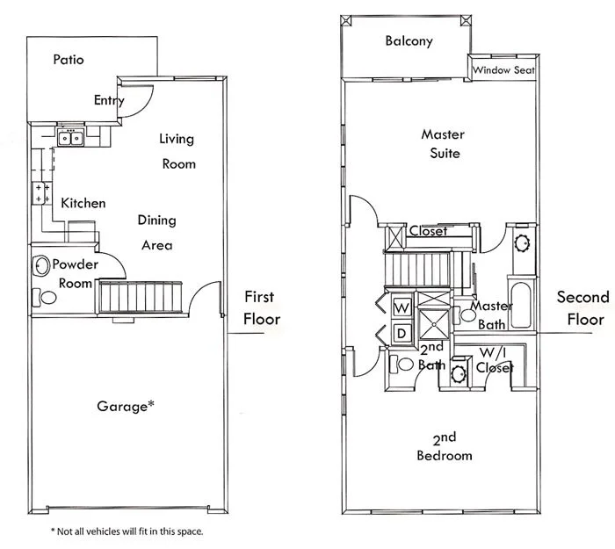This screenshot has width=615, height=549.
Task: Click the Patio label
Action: coord(69,61)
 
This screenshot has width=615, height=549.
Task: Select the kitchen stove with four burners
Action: coord(41,193)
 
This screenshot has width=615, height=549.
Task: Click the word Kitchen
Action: coord(83,203)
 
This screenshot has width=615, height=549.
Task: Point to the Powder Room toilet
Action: coord(47,297)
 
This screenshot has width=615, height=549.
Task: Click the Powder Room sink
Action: coord(41,265)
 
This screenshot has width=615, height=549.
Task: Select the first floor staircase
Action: coord(140,296)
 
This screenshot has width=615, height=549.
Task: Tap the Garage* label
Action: coord(126,406)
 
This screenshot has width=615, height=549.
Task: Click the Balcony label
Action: coord(409,41)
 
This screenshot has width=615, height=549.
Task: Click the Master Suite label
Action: coord(442,144)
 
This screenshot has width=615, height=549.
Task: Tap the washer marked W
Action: coord(401,307)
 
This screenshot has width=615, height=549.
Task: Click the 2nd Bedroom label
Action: coord(445,446)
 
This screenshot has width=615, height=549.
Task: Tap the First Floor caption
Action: coord(262,307)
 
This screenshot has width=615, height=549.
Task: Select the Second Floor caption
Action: coord(582,307)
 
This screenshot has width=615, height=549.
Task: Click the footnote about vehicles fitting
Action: coord(127,531)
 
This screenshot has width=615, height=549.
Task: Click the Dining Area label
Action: coord(157,233)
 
